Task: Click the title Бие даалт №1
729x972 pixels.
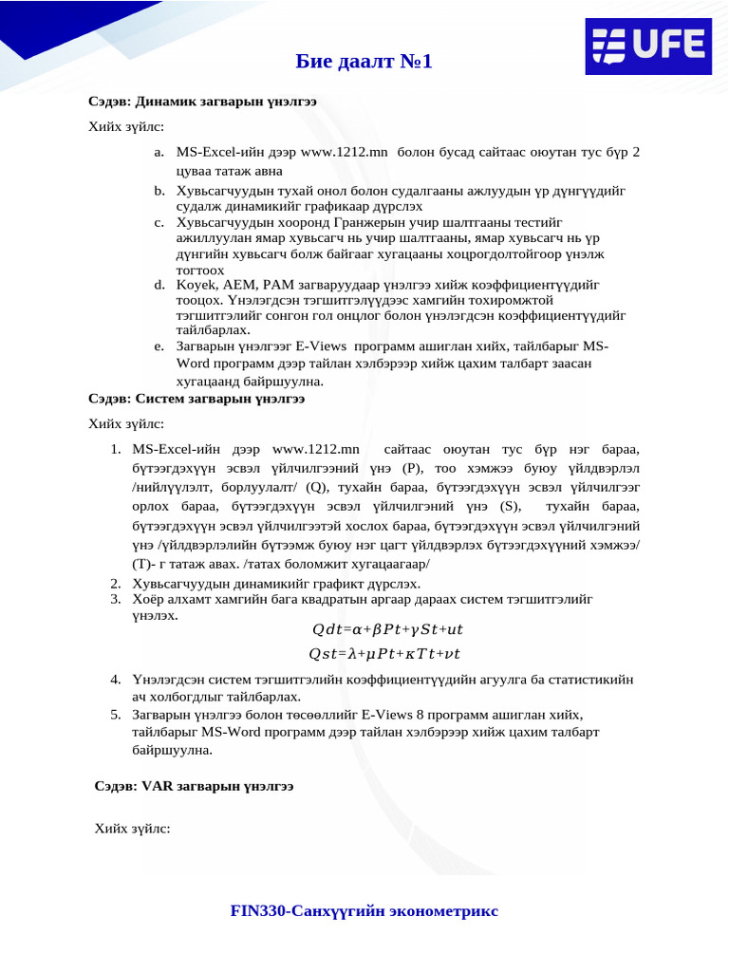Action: tap(364, 62)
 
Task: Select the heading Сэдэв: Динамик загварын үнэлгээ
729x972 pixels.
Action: tap(203, 100)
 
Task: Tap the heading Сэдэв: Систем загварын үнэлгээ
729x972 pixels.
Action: tap(196, 399)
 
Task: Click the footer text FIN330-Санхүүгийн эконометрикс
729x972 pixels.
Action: tap(364, 911)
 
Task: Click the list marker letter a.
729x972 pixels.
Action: tap(158, 152)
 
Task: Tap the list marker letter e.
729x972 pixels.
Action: tap(158, 346)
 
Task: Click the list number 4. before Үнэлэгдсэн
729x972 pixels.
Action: tap(115, 680)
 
